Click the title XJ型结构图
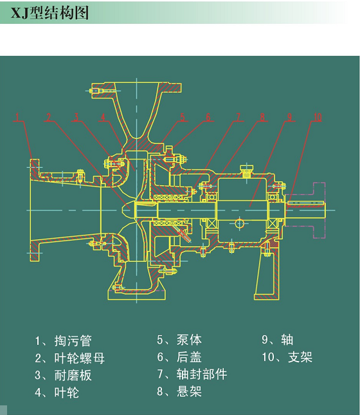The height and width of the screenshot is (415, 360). (x=50, y=13)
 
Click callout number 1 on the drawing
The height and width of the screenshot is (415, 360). (x=17, y=117)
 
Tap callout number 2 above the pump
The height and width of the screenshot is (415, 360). (x=48, y=117)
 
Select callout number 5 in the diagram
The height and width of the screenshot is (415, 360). (x=182, y=117)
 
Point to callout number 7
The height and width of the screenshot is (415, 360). (x=239, y=117)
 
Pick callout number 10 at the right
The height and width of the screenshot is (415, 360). (x=318, y=117)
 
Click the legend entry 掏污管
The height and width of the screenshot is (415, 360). (x=73, y=340)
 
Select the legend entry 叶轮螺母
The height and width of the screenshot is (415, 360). (x=79, y=358)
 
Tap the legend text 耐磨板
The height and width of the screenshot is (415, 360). (x=73, y=375)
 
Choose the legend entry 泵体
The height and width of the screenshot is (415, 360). (x=189, y=340)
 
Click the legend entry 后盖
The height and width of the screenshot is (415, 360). (x=189, y=357)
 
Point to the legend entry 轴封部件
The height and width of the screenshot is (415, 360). (x=202, y=374)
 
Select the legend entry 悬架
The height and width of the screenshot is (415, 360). (x=189, y=391)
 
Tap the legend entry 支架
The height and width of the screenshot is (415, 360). (x=300, y=357)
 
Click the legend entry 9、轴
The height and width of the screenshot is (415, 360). (x=278, y=340)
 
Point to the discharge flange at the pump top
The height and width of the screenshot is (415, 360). (x=136, y=87)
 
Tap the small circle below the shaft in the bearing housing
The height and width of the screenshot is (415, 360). (x=239, y=224)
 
